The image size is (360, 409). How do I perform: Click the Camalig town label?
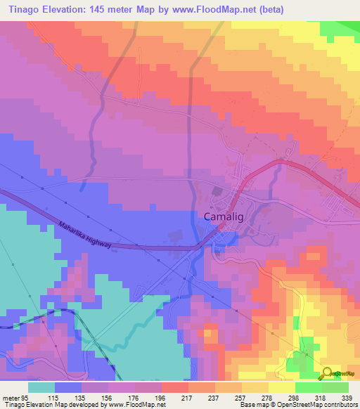point(224,217)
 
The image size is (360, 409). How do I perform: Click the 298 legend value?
point(295,398)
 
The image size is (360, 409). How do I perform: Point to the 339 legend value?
point(348,398)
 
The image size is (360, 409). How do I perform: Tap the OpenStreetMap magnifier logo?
point(328,375)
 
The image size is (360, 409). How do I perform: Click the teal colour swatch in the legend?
point(41,387)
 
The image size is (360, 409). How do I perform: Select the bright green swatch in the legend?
point(309,387)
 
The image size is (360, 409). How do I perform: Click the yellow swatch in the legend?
point(282,387)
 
